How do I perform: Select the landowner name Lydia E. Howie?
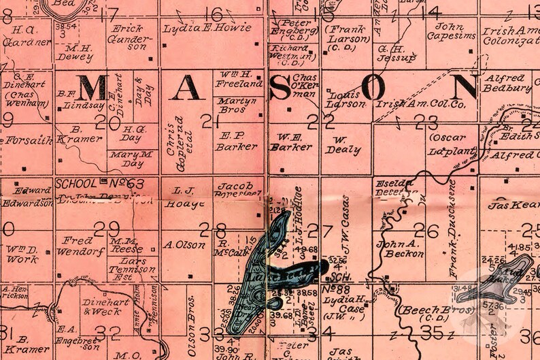pos(207,29)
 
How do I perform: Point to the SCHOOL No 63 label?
pos(100,183)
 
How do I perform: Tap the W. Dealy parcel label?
pos(343,145)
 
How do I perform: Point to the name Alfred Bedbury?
pos(507,83)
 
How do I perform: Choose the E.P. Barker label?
pos(236,140)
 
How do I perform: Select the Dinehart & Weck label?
pos(101,307)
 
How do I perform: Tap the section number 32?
pos(108,331)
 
